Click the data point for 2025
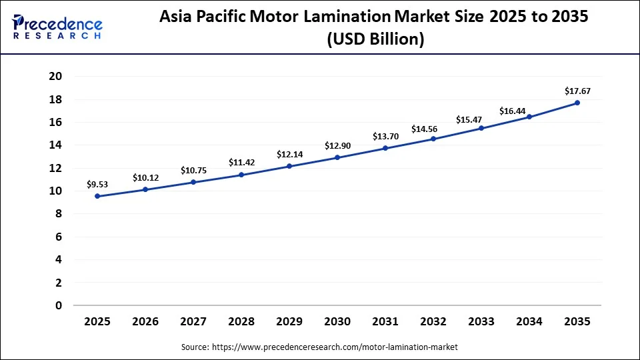[x=97, y=196]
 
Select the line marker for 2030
[x=337, y=157]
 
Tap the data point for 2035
[x=577, y=103]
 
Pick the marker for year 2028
[x=241, y=175]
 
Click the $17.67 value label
[x=577, y=91]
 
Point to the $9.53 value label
[x=97, y=183]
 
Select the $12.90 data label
[x=337, y=145]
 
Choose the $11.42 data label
[x=241, y=162]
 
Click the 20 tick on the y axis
[x=55, y=77]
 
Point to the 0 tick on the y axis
[x=59, y=305]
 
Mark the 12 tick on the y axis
[x=55, y=168]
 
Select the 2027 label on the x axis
[x=193, y=321]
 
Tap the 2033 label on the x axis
[x=481, y=321]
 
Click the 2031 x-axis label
[x=385, y=321]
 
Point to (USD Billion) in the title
[x=374, y=40]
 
